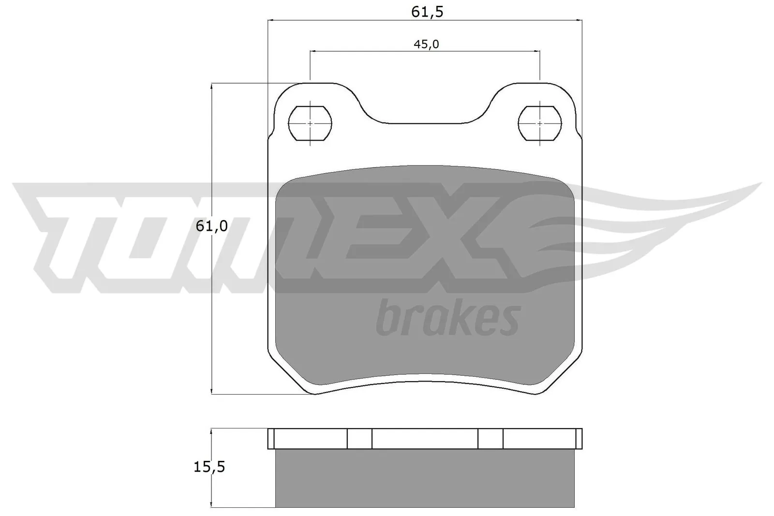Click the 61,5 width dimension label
click(427, 12)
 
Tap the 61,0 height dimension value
click(212, 226)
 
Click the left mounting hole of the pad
click(310, 123)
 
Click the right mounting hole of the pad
click(539, 123)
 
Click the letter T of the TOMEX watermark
click(58, 227)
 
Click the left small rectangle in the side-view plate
click(359, 439)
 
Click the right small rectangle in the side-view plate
click(491, 439)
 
